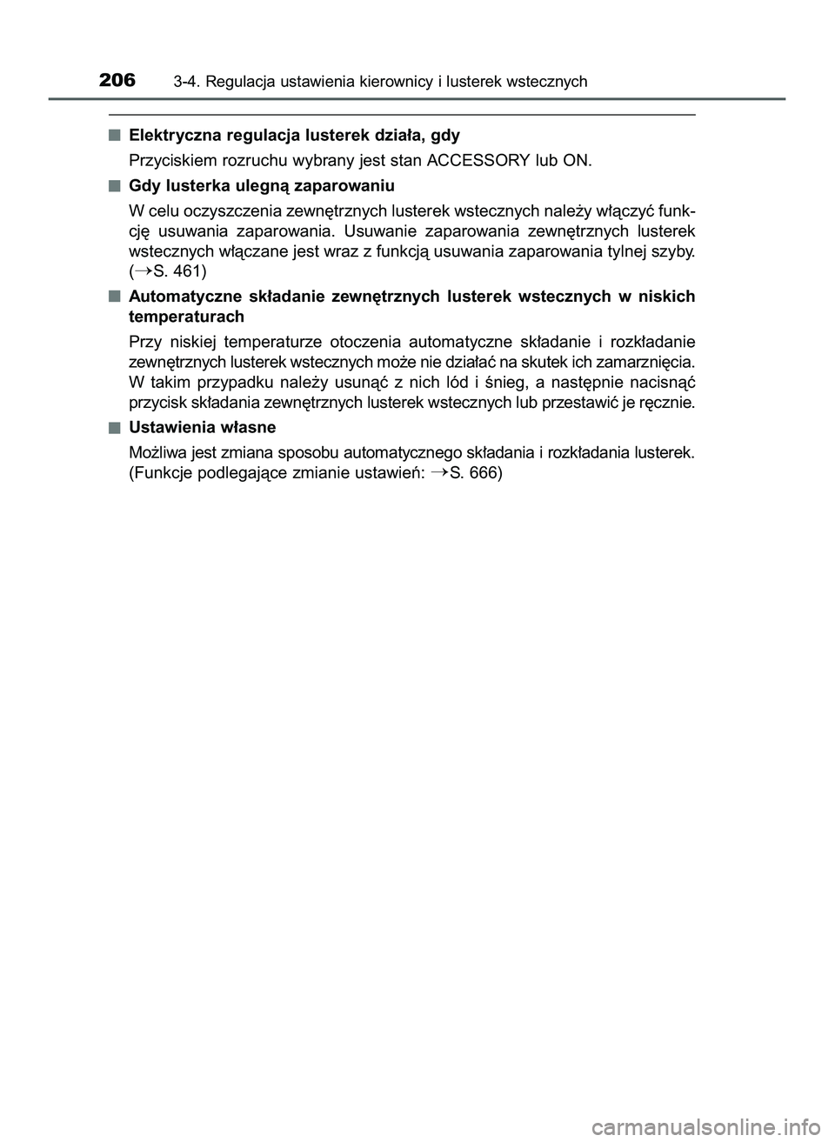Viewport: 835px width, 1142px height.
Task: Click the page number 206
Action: click(117, 81)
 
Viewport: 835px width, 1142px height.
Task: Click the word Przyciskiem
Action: click(173, 161)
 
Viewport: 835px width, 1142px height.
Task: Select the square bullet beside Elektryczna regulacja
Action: click(114, 135)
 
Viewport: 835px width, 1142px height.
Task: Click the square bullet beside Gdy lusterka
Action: click(114, 185)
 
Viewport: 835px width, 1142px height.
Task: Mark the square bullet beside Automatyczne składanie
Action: click(114, 297)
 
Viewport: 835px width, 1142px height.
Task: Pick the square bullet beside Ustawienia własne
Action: click(114, 426)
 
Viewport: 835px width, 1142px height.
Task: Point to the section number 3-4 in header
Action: click(184, 82)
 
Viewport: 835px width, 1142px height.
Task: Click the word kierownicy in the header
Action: click(391, 82)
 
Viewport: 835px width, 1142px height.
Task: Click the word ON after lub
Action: click(579, 161)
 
